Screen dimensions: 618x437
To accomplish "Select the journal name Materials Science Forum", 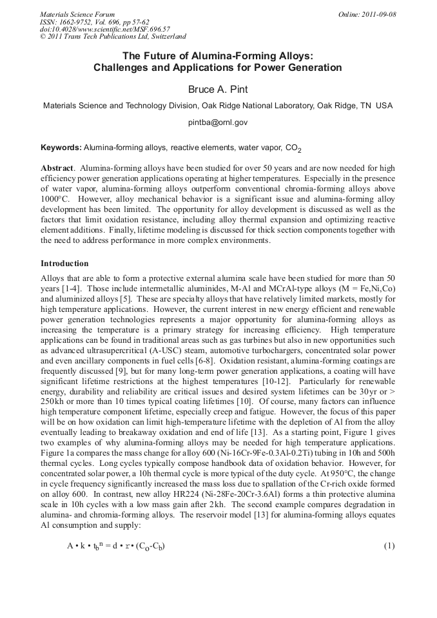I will pyautogui.click(x=77, y=14).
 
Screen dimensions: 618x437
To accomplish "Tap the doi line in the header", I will pyautogui.click(x=105, y=30).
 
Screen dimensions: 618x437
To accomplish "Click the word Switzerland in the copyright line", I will pyautogui.click(x=164, y=37).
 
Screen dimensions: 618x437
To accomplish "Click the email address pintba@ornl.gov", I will pyautogui.click(x=218, y=122).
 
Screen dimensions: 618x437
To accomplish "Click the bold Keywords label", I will pyautogui.click(x=61, y=147).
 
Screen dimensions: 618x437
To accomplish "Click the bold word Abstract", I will pyautogui.click(x=55, y=168).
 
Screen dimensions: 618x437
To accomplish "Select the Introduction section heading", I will pyautogui.click(x=64, y=264).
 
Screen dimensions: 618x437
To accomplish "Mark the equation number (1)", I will pyautogui.click(x=389, y=546).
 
